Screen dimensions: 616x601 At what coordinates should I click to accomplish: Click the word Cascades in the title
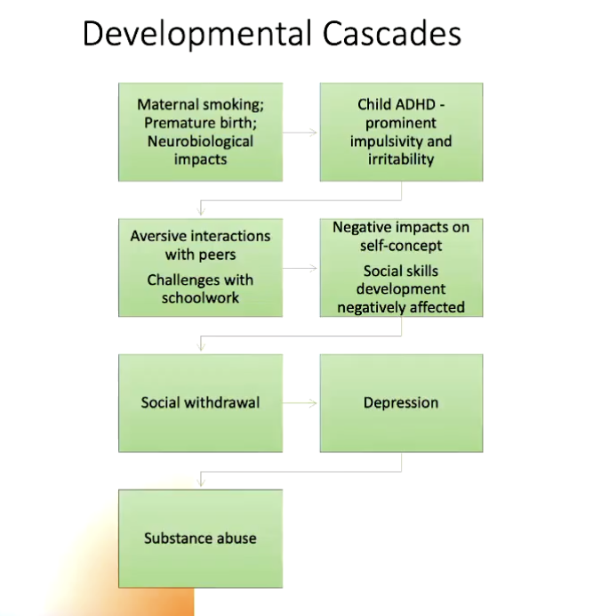(388, 35)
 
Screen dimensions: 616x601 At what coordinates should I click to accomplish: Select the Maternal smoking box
(200, 132)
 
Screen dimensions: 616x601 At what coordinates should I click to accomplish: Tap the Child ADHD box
(401, 132)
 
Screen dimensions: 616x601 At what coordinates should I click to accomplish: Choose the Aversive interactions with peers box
(200, 267)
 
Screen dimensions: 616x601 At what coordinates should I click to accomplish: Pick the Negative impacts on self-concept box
(401, 267)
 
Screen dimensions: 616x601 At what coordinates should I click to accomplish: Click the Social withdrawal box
(200, 402)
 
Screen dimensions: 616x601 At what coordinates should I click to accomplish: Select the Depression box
(401, 402)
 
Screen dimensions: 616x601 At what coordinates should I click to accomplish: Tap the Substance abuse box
(200, 538)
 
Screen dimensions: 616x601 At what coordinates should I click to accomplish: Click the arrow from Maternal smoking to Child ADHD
(301, 133)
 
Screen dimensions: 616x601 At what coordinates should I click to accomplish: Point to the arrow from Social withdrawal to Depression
(301, 403)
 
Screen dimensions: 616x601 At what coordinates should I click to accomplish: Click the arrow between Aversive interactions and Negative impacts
(301, 268)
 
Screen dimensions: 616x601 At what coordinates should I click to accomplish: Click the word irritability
(401, 159)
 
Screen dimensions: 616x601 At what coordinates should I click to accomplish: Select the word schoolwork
(200, 297)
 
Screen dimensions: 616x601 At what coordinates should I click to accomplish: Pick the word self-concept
(401, 245)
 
